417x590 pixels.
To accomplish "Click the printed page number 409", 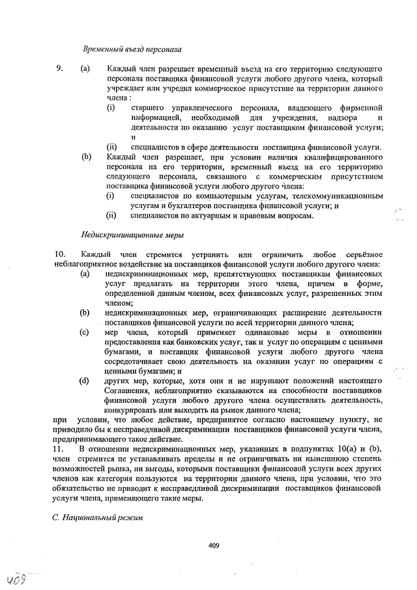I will click(213, 546).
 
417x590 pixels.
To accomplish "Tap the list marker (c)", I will click(84, 332).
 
